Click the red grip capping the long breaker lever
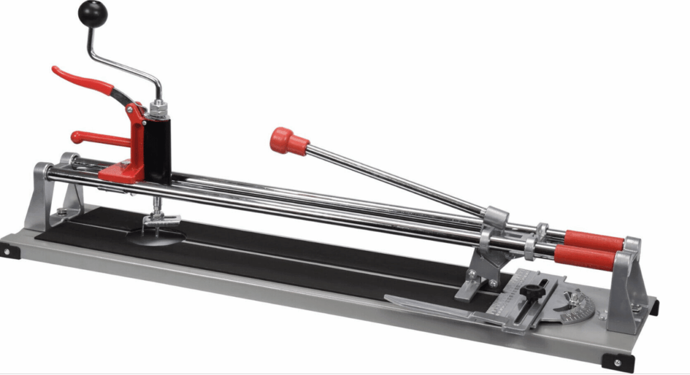pos(289,141)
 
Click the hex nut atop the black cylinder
pos(157,107)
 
